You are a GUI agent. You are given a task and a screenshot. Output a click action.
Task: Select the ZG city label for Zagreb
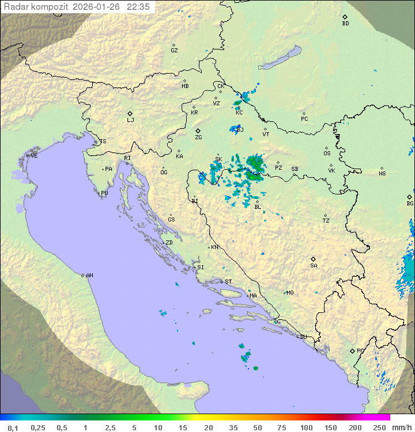[198, 137]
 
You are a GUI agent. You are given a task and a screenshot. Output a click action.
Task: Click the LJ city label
[130, 120]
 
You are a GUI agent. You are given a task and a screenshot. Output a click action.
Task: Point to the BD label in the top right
[345, 24]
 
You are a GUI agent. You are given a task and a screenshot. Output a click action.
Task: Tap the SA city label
[314, 266]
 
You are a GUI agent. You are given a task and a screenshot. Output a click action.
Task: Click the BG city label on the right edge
[410, 204]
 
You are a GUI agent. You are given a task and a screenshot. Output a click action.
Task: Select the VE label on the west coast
[34, 156]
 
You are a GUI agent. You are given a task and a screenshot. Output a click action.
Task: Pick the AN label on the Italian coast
[89, 276]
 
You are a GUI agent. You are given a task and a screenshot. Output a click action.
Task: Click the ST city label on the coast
[228, 282]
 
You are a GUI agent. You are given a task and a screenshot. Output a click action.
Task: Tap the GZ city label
[174, 51]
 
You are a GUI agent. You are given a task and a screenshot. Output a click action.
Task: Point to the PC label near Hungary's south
[304, 119]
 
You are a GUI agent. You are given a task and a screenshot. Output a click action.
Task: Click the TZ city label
[326, 221]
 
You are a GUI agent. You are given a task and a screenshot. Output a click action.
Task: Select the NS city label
[382, 174]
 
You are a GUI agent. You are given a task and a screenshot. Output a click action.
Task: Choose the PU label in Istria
[104, 193]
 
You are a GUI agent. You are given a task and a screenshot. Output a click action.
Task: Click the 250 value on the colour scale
[379, 427]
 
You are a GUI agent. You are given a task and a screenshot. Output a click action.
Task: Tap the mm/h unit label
[401, 427]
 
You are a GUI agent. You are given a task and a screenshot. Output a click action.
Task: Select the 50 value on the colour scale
[257, 427]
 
